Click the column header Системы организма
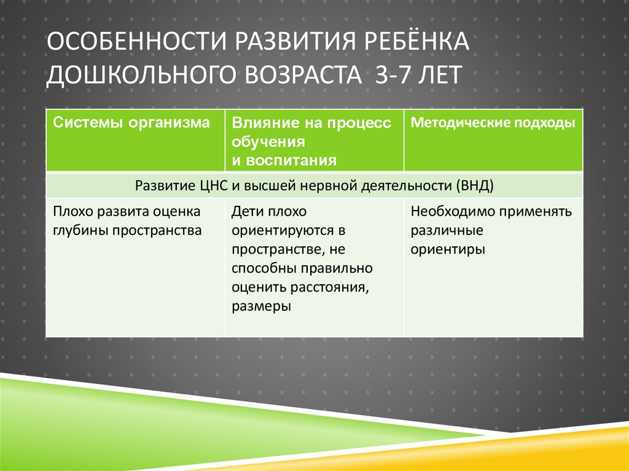coord(131,123)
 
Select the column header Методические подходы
coord(493,123)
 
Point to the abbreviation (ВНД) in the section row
coord(475,185)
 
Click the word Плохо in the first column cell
coord(71,212)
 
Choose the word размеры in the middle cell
coord(261,306)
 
